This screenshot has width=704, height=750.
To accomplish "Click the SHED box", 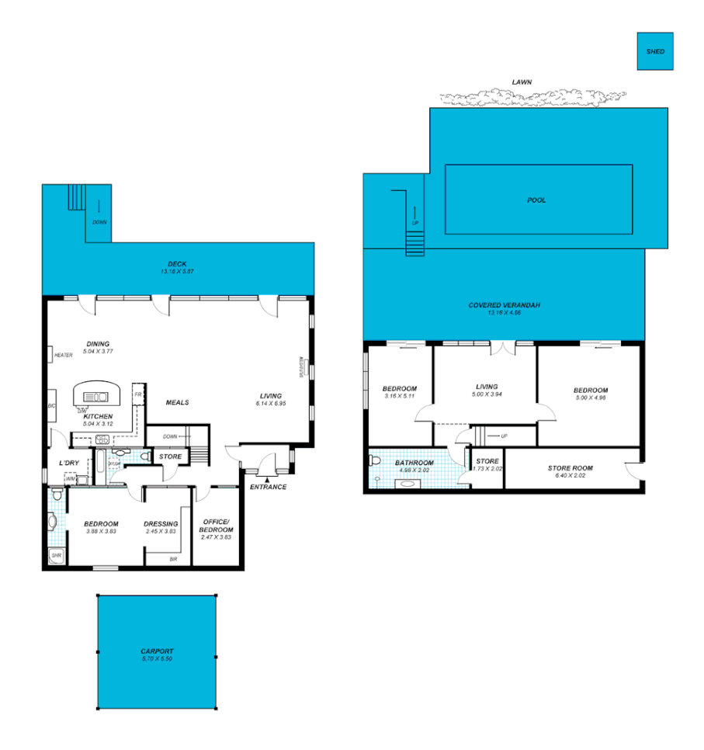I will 655,51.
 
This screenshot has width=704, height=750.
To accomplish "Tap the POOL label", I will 536,200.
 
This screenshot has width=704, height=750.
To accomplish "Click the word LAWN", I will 522,82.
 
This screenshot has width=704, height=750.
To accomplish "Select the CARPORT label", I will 157,651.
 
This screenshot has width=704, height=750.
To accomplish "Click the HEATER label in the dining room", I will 64,356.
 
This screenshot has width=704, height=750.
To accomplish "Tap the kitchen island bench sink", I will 97,398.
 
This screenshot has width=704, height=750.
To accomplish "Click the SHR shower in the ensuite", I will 56,556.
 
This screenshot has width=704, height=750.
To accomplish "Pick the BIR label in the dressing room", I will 173,558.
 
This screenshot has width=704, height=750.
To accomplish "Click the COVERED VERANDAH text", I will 504,305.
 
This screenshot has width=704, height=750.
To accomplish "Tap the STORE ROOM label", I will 570,467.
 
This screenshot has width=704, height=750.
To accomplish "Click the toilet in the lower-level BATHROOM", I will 376,460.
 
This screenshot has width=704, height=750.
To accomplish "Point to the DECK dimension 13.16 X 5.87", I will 177,272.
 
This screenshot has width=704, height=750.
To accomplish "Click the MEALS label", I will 177,402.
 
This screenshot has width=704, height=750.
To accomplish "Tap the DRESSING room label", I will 161,523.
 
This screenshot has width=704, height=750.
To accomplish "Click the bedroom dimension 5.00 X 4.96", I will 591,399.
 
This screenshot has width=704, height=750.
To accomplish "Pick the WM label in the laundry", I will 70,479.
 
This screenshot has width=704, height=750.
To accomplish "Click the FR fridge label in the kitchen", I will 137,394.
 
